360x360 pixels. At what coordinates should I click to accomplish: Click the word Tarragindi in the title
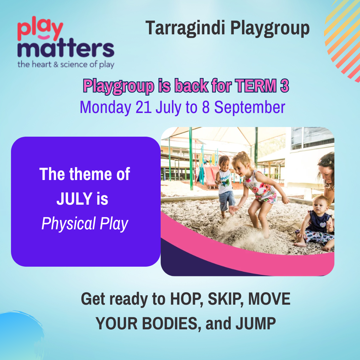185,28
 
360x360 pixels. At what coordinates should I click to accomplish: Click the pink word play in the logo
40,29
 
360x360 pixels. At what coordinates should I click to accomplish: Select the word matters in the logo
66,48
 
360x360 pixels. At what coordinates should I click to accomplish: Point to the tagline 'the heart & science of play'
66,65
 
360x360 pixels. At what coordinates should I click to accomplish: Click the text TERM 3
262,86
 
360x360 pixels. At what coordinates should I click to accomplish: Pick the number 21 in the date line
143,107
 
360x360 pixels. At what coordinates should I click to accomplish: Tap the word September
250,107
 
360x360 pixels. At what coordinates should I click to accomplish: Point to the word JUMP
256,323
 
